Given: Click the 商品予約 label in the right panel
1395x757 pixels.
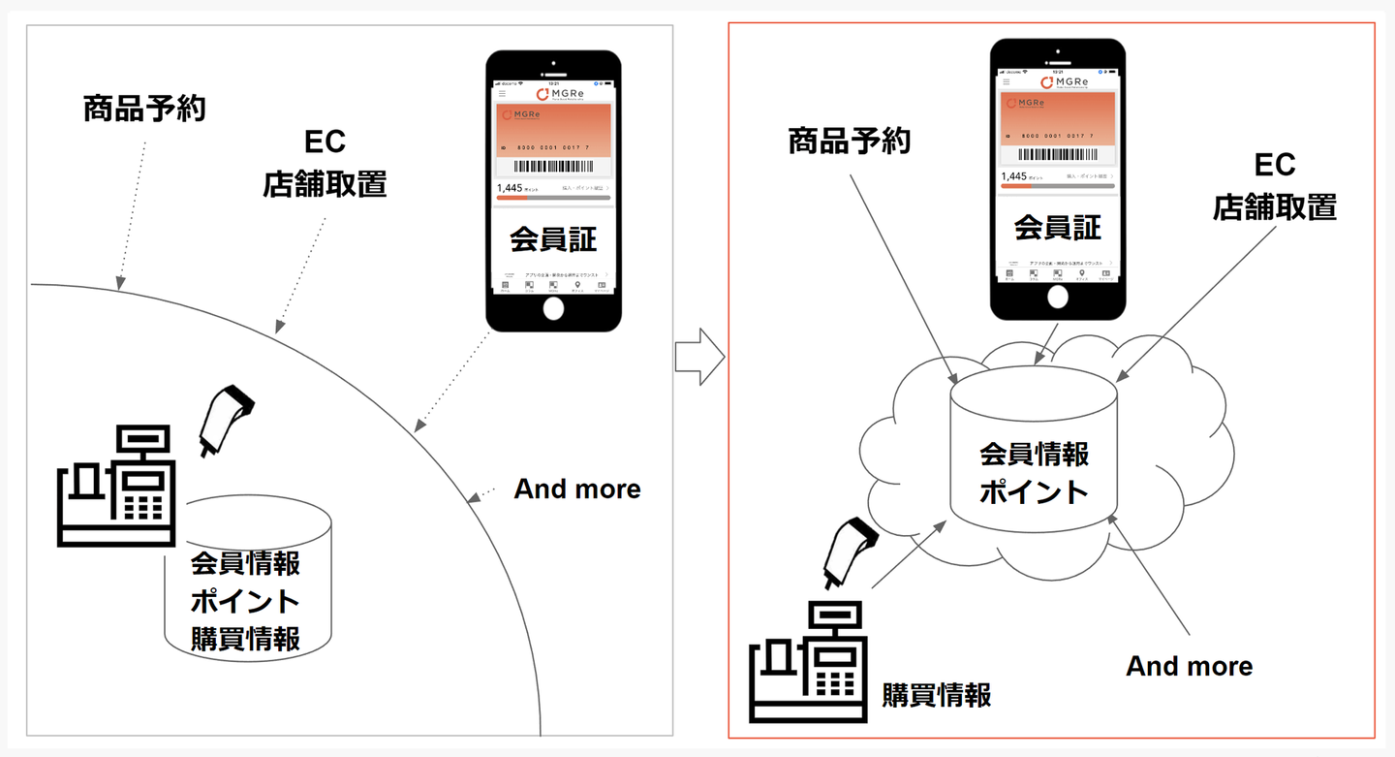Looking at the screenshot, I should (x=849, y=143).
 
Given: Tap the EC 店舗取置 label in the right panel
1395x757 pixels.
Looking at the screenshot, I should (x=1275, y=186).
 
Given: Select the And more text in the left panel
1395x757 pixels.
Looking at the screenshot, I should (x=577, y=489).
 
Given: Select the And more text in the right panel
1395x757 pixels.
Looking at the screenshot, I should (x=1189, y=666).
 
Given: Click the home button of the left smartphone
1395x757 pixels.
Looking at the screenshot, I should (x=553, y=308).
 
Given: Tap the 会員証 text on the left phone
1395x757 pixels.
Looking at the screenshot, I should (x=553, y=238).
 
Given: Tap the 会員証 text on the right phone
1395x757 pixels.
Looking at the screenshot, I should (x=1058, y=228).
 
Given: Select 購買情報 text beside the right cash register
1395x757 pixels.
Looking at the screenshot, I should (x=936, y=695).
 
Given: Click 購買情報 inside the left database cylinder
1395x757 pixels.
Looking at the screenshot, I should (x=245, y=639).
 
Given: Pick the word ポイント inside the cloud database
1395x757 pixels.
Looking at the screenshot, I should (x=1034, y=491).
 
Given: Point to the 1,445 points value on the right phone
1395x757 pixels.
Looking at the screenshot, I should (x=1013, y=176).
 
